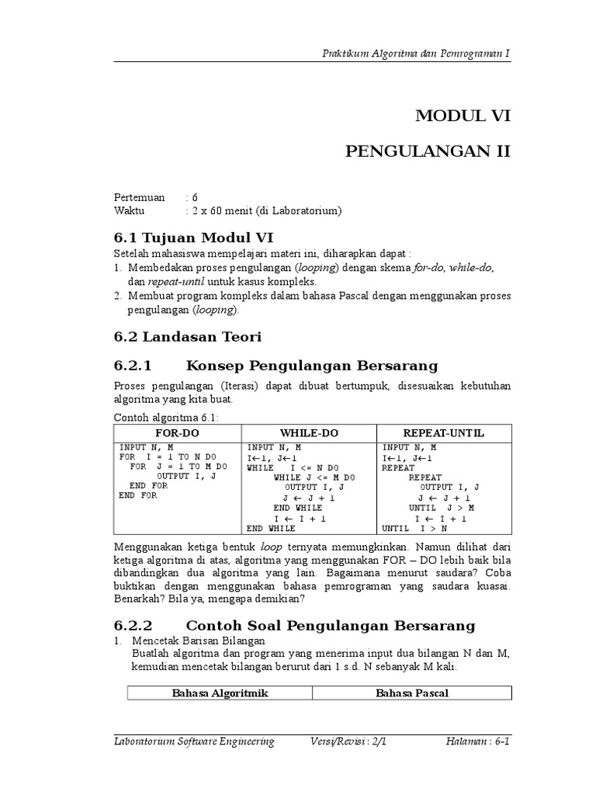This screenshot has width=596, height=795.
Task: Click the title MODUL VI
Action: [x=463, y=116]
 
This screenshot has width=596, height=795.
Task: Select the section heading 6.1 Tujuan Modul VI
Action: [x=193, y=237]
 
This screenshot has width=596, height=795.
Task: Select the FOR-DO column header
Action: [x=178, y=433]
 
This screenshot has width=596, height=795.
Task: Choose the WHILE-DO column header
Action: [x=309, y=433]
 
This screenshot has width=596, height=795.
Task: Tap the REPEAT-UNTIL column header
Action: [x=443, y=433]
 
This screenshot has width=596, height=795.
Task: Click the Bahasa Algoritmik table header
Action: [x=220, y=693]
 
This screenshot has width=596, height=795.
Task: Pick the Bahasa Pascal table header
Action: [x=412, y=693]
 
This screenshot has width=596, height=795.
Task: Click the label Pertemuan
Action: [x=140, y=197]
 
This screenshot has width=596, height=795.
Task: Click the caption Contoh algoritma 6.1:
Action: [x=167, y=417]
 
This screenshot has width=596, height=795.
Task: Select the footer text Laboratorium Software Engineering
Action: [x=194, y=741]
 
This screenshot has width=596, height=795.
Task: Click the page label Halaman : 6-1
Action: [x=477, y=741]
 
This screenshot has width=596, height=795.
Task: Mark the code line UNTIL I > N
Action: [x=415, y=529]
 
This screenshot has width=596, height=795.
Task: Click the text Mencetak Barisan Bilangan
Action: [x=199, y=641]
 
